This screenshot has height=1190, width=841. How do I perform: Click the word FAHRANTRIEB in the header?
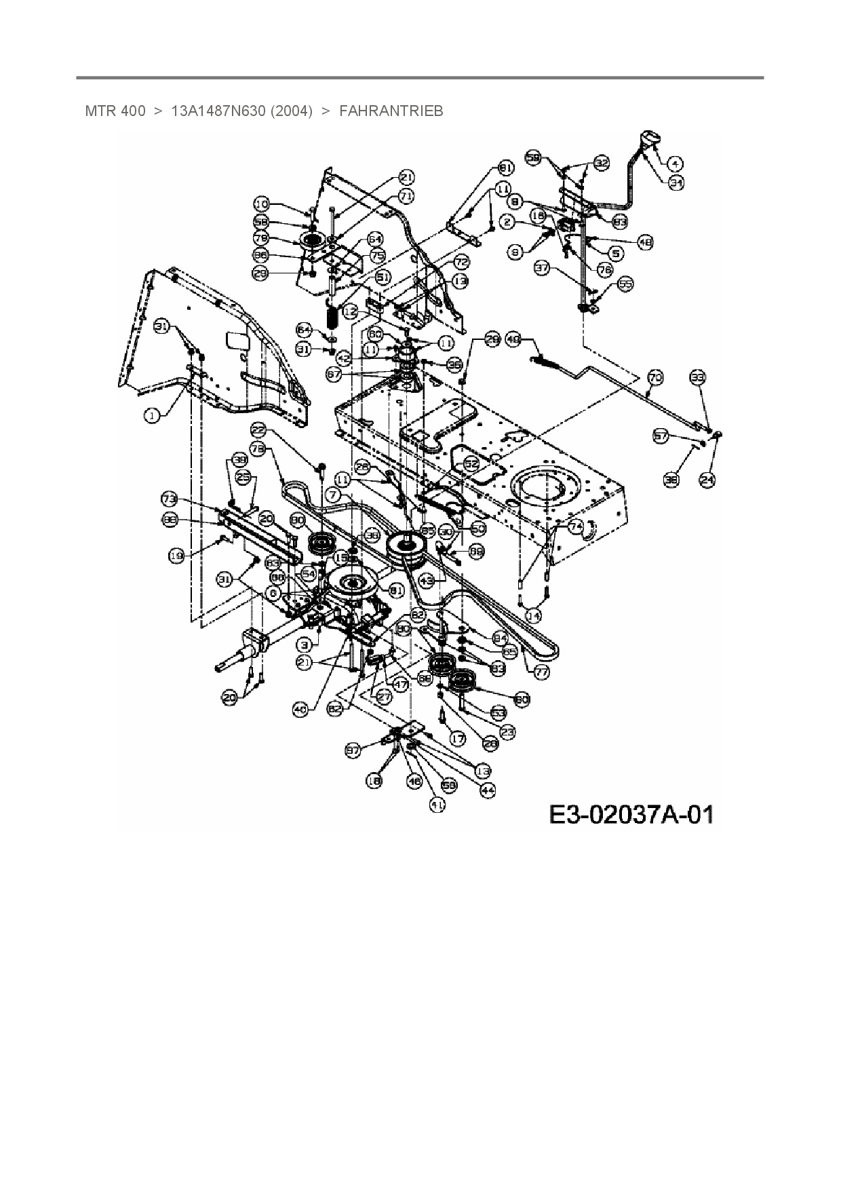pyautogui.click(x=391, y=111)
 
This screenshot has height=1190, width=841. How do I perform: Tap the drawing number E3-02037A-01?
pyautogui.click(x=631, y=814)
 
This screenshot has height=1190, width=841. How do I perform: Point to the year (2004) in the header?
pyautogui.click(x=292, y=111)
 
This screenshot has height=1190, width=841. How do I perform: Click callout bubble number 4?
pyautogui.click(x=675, y=163)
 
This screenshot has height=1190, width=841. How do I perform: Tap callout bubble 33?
pyautogui.click(x=698, y=377)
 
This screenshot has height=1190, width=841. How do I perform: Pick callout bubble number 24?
pyautogui.click(x=707, y=480)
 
